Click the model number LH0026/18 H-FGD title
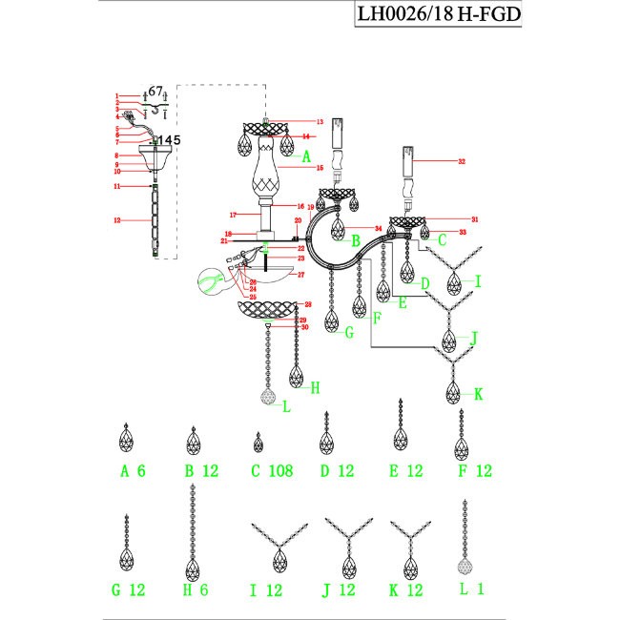[x=439, y=16]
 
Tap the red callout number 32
[x=462, y=162]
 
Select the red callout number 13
[x=320, y=122]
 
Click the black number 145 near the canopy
[x=168, y=140]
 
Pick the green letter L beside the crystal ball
[x=285, y=405]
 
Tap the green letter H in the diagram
[x=314, y=387]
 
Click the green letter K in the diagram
[x=479, y=393]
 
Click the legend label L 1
[x=472, y=590]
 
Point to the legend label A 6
[x=133, y=471]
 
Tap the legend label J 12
[x=340, y=590]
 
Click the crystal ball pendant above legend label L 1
[x=465, y=559]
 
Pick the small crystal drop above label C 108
[x=258, y=443]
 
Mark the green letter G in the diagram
[x=349, y=333]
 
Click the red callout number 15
[x=320, y=168]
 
